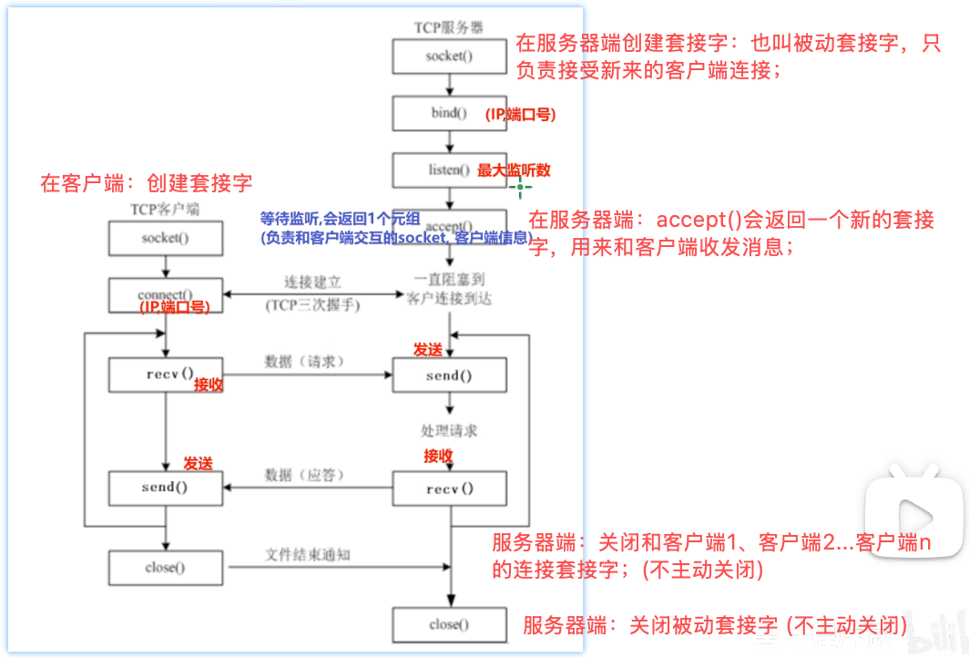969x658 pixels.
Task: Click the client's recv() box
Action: coord(165,374)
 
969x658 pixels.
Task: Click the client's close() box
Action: coord(165,568)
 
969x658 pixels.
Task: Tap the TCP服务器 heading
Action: coord(449,27)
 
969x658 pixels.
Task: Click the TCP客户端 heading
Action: coord(165,210)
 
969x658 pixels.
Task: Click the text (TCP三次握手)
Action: coord(312,305)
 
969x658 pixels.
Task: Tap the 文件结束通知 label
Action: coord(308,554)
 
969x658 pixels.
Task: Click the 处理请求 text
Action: coord(449,430)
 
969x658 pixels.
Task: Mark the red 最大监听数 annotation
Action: coord(514,170)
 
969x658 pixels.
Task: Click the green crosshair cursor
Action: coord(521,189)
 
